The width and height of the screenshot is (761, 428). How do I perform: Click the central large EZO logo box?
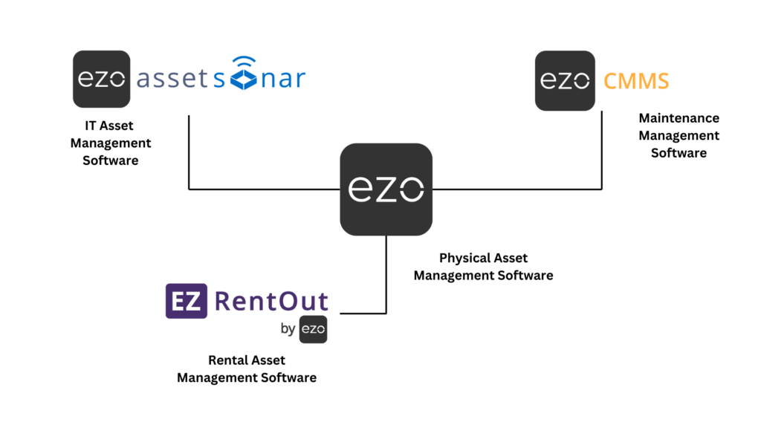(386, 189)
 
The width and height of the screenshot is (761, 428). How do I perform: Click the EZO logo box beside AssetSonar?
(102, 80)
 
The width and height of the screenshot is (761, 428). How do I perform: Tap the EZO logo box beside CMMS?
(565, 80)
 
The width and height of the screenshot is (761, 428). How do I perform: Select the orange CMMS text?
(635, 80)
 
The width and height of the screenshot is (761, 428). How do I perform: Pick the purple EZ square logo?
(186, 301)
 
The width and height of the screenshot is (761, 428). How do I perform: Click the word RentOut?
(271, 301)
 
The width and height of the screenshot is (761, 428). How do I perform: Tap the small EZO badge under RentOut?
(313, 329)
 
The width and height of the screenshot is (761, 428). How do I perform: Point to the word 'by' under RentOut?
(288, 329)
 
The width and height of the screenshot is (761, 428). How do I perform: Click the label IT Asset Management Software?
(110, 143)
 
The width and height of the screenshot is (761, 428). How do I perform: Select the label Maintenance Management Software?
(679, 135)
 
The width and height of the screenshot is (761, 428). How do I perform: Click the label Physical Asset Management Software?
(483, 267)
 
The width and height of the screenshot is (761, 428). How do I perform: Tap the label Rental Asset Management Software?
(246, 369)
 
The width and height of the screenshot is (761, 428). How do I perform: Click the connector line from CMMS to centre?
(520, 189)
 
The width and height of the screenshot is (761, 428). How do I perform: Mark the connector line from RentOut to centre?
(386, 282)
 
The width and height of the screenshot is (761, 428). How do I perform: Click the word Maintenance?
(679, 118)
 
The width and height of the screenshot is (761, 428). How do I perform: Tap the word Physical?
(461, 259)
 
